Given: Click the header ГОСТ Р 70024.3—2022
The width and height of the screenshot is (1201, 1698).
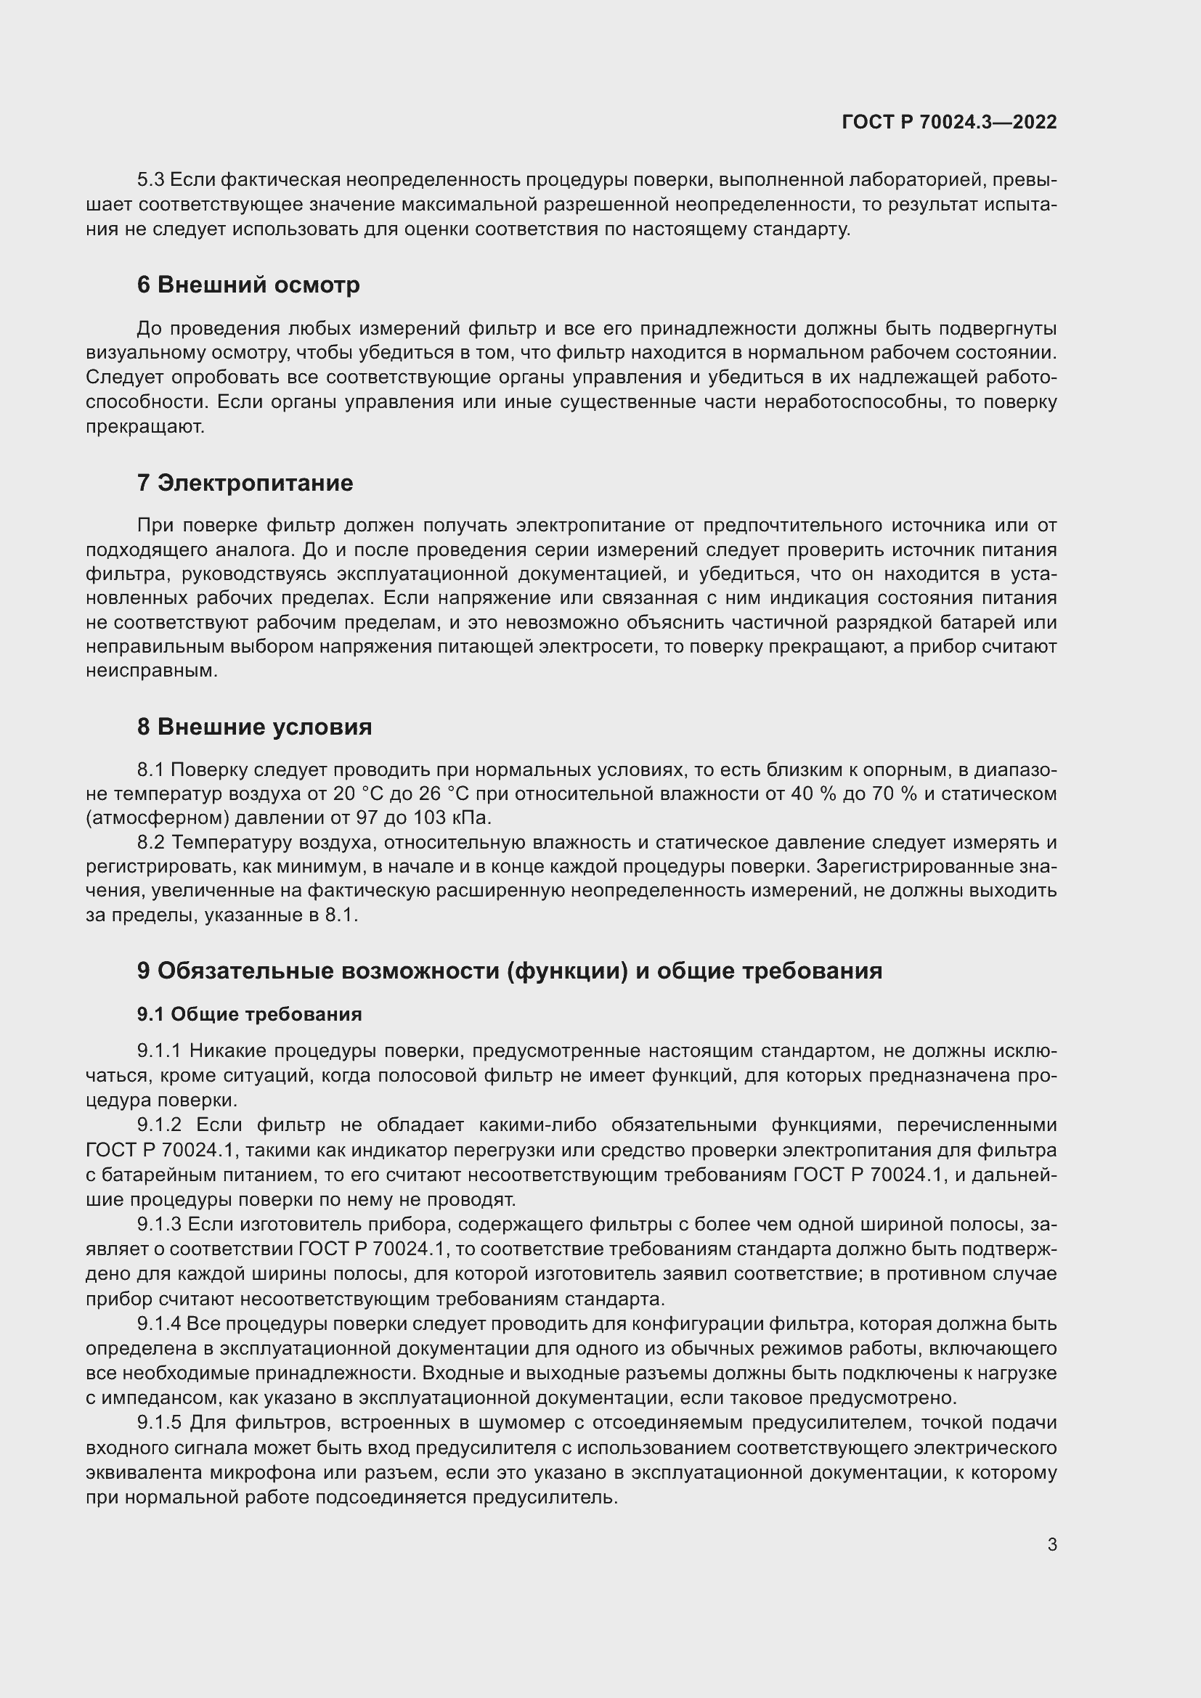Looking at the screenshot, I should tap(949, 122).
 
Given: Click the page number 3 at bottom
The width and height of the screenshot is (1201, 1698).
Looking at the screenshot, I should tap(1051, 1545).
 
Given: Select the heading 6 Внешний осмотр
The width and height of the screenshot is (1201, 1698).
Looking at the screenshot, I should tap(248, 285).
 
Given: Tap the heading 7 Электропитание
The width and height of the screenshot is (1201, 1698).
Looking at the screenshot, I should tap(245, 483).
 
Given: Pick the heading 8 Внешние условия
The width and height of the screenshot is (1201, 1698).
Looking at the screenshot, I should tap(254, 727).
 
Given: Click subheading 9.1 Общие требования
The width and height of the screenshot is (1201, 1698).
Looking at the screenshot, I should tap(249, 1014).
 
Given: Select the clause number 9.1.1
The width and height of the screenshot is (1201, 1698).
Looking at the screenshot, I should tap(159, 1051).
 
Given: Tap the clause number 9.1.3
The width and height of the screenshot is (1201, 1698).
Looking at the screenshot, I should tap(159, 1224).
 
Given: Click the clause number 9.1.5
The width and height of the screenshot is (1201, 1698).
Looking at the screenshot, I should tap(159, 1422).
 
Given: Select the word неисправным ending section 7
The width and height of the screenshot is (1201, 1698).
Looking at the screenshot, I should tap(151, 671).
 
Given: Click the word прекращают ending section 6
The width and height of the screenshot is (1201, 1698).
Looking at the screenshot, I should tap(144, 427).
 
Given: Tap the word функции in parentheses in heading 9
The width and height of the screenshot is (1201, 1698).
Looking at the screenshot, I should tap(568, 971).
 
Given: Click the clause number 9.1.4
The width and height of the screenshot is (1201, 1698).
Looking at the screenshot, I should tap(159, 1323).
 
